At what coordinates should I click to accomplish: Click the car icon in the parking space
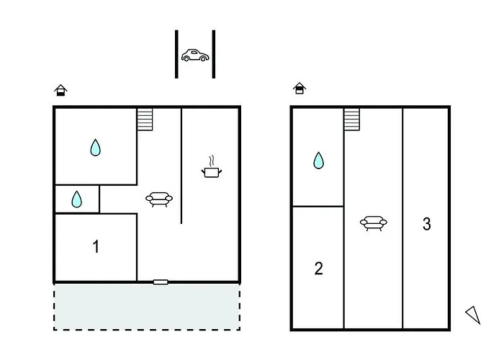[x=195, y=55]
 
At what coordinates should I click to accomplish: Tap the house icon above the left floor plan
[x=60, y=90]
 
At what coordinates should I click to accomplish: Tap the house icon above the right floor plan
[x=300, y=88]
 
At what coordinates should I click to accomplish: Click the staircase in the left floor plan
[x=145, y=120]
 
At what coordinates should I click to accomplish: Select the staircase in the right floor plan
[x=351, y=120]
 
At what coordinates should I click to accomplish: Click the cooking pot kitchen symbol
[x=212, y=167]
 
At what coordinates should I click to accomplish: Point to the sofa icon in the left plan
[x=159, y=199]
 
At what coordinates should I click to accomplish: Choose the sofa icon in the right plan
[x=374, y=223]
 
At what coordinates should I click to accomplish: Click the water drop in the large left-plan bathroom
[x=96, y=148]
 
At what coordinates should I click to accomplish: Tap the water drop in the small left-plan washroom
[x=76, y=199]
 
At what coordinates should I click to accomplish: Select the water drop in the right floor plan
[x=318, y=161]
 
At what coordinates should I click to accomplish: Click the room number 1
[x=96, y=247]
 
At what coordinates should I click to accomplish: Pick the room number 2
[x=318, y=269]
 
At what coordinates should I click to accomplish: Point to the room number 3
[x=427, y=224]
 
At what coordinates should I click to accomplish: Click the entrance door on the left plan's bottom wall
[x=161, y=282]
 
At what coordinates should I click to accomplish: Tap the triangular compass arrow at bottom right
[x=473, y=315]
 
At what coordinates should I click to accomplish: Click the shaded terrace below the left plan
[x=147, y=307]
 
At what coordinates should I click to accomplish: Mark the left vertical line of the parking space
[x=176, y=54]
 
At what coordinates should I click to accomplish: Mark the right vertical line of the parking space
[x=214, y=54]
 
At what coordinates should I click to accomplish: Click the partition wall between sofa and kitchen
[x=181, y=166]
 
